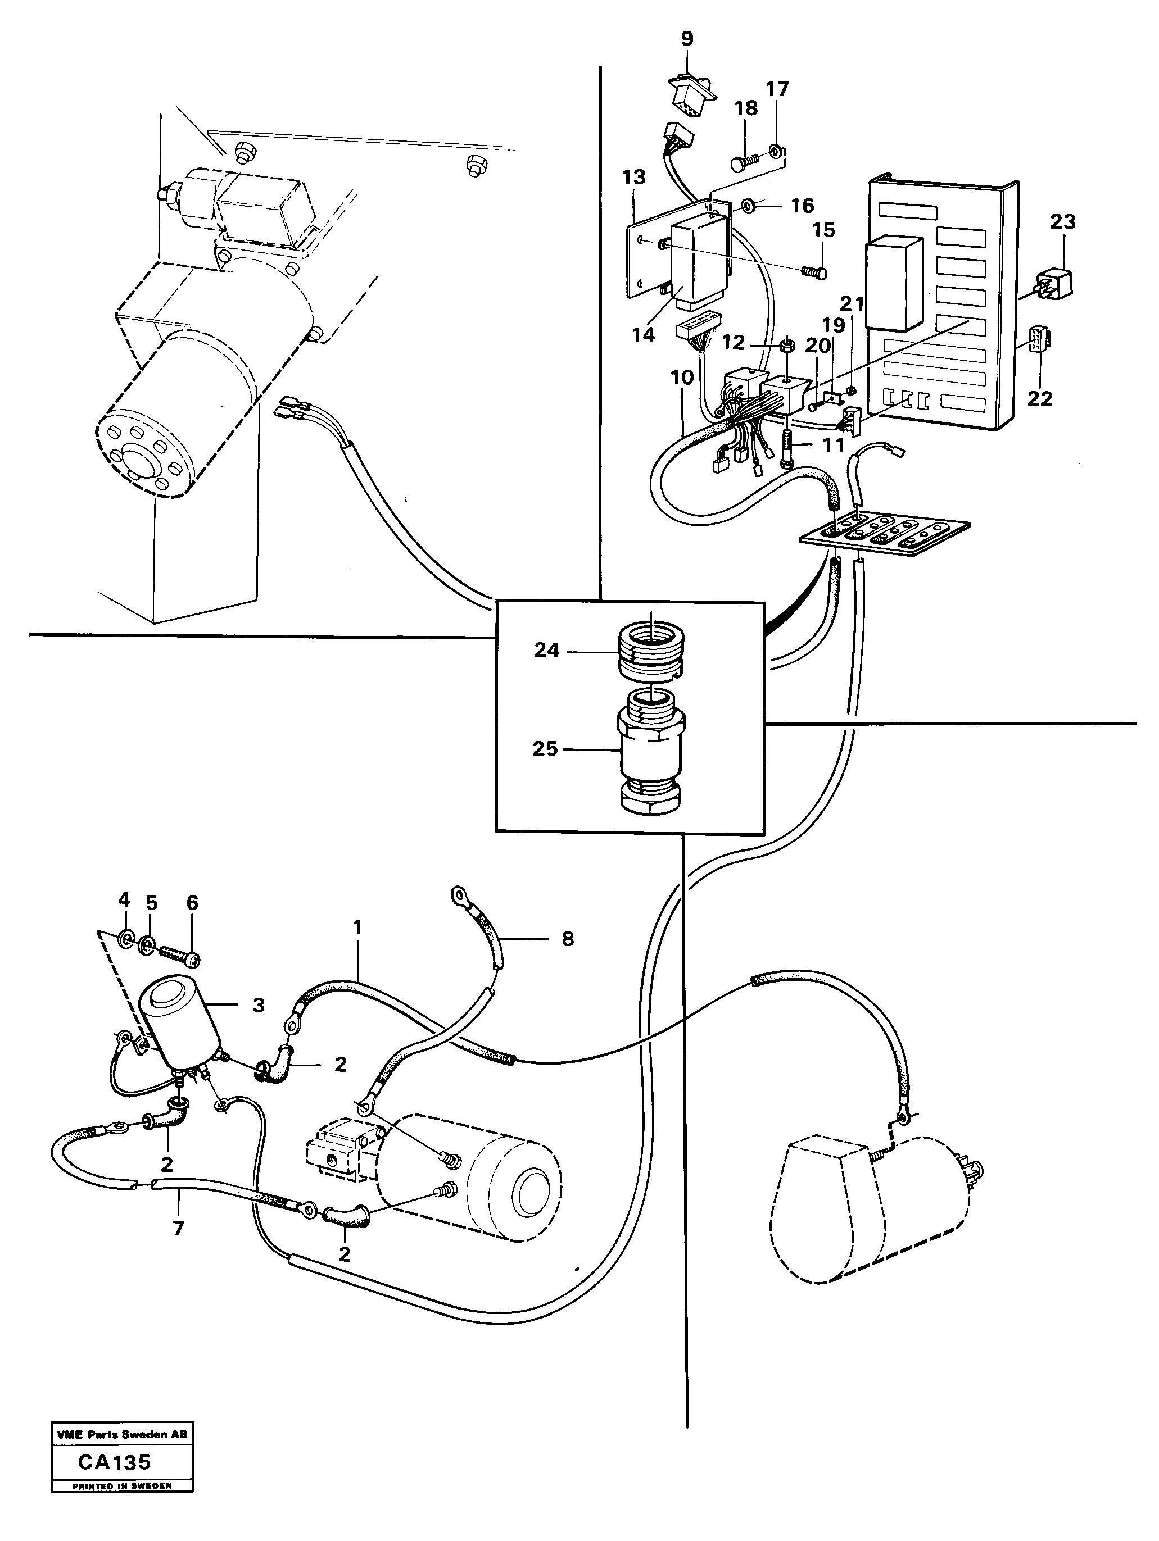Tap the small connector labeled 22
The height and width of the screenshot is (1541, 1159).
(1040, 340)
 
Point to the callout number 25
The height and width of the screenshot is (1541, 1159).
(545, 749)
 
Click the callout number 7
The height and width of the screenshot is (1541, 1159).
(178, 1228)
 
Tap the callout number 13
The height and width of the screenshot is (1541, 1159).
(633, 177)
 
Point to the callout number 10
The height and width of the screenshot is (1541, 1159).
(682, 378)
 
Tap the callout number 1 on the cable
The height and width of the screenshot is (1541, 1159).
(358, 928)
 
